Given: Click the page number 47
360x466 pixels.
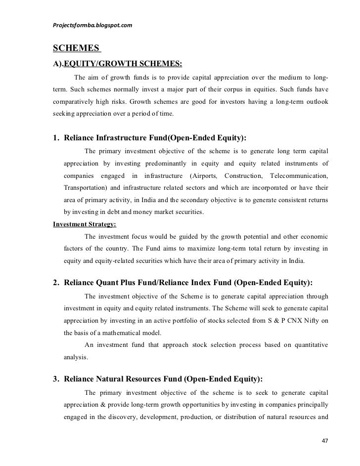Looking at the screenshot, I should (x=325, y=440).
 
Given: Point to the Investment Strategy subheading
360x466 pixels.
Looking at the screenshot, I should (x=85, y=223).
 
